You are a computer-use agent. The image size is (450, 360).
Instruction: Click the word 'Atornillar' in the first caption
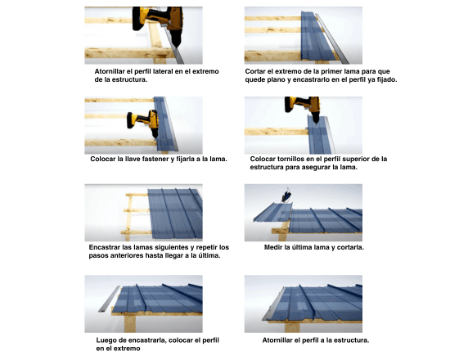click(110, 71)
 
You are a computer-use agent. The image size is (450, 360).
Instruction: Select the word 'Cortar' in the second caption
click(255, 71)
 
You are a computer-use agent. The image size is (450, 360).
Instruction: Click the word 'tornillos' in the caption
click(291, 159)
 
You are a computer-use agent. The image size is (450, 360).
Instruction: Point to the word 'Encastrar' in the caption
click(104, 247)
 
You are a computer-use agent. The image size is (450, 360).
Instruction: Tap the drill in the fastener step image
click(143, 122)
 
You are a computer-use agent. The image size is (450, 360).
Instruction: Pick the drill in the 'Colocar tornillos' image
click(303, 108)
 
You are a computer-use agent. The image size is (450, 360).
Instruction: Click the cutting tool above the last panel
click(287, 195)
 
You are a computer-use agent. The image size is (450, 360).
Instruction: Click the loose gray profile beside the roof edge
click(109, 299)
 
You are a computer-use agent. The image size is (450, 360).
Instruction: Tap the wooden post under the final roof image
click(292, 327)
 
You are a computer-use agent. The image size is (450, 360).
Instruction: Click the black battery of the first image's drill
click(138, 19)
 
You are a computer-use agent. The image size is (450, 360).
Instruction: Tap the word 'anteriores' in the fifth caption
click(105, 255)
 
